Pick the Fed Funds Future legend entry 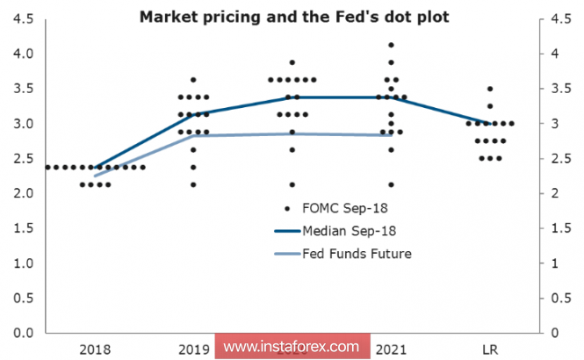click(x=356, y=254)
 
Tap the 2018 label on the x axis click(x=94, y=349)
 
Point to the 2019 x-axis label click(x=193, y=349)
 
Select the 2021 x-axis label click(x=391, y=349)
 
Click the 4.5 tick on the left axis click(x=24, y=18)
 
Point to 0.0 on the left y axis click(x=24, y=333)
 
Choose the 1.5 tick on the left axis click(x=24, y=228)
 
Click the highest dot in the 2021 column click(x=391, y=45)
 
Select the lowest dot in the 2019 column click(x=193, y=184)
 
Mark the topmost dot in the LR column click(x=490, y=89)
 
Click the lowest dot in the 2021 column click(x=391, y=184)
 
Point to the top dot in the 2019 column click(x=193, y=80)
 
